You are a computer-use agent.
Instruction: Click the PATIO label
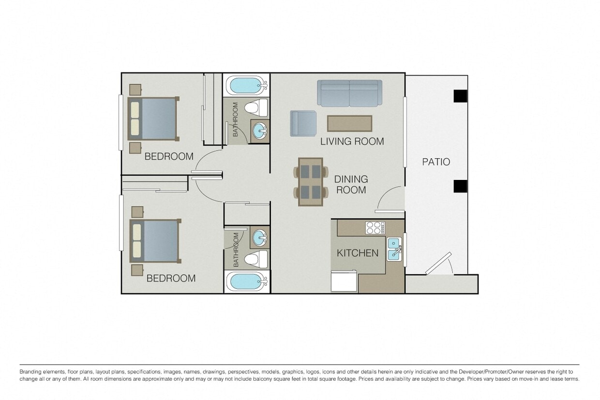tap(436, 162)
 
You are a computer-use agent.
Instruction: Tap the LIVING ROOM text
tap(352, 141)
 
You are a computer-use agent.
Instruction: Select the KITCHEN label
tap(357, 253)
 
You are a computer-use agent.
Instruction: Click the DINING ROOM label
tap(351, 184)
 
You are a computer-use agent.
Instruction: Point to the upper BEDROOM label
tap(169, 156)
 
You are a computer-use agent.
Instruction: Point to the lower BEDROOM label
tap(171, 278)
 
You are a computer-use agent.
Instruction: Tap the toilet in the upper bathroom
tap(256, 107)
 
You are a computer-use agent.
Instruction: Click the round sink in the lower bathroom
tap(260, 237)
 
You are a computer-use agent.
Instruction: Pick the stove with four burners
tap(375, 228)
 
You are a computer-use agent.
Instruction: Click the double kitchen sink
tap(393, 249)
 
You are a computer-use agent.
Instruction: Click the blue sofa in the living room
tap(349, 93)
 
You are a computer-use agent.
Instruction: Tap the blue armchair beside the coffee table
tap(303, 123)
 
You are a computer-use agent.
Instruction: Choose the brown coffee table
tap(349, 123)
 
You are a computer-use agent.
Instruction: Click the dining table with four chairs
tap(310, 181)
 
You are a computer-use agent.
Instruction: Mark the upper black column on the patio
tap(460, 96)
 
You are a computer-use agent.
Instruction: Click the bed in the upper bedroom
tap(152, 119)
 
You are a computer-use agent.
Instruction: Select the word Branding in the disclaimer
tap(31, 371)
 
